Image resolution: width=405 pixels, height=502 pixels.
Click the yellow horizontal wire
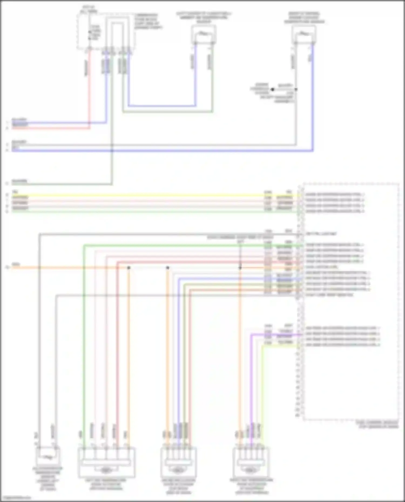(135, 195)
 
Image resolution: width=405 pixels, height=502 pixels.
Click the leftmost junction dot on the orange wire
(129, 268)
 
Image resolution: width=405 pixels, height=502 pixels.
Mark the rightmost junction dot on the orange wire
(240, 268)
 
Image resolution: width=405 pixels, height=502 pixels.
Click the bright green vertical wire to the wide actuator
(84, 351)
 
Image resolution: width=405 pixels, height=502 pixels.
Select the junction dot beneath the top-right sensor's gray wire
(296, 89)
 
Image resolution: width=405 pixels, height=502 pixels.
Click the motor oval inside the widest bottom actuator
(106, 470)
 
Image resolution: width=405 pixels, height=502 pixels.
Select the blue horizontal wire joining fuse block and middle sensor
(162, 106)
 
